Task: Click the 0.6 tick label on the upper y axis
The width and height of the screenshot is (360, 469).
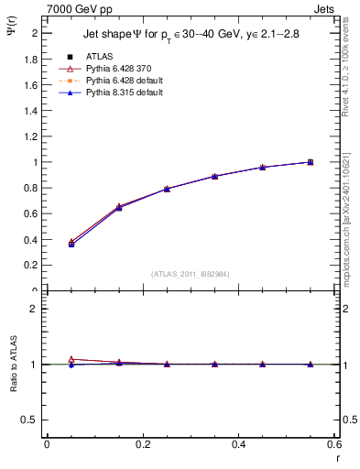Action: pos(32,213)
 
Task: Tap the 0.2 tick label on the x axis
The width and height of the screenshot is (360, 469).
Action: pos(142,444)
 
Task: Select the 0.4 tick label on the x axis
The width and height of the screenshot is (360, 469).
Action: pos(238,444)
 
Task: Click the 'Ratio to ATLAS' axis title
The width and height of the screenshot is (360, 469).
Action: pos(13,364)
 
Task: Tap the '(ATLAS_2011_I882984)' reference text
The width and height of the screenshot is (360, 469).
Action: pos(190,274)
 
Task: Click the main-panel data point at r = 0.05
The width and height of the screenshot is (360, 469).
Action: pos(71,244)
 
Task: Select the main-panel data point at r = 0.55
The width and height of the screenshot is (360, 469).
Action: pos(311,162)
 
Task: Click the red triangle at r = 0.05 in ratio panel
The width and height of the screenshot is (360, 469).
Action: pos(71,359)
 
